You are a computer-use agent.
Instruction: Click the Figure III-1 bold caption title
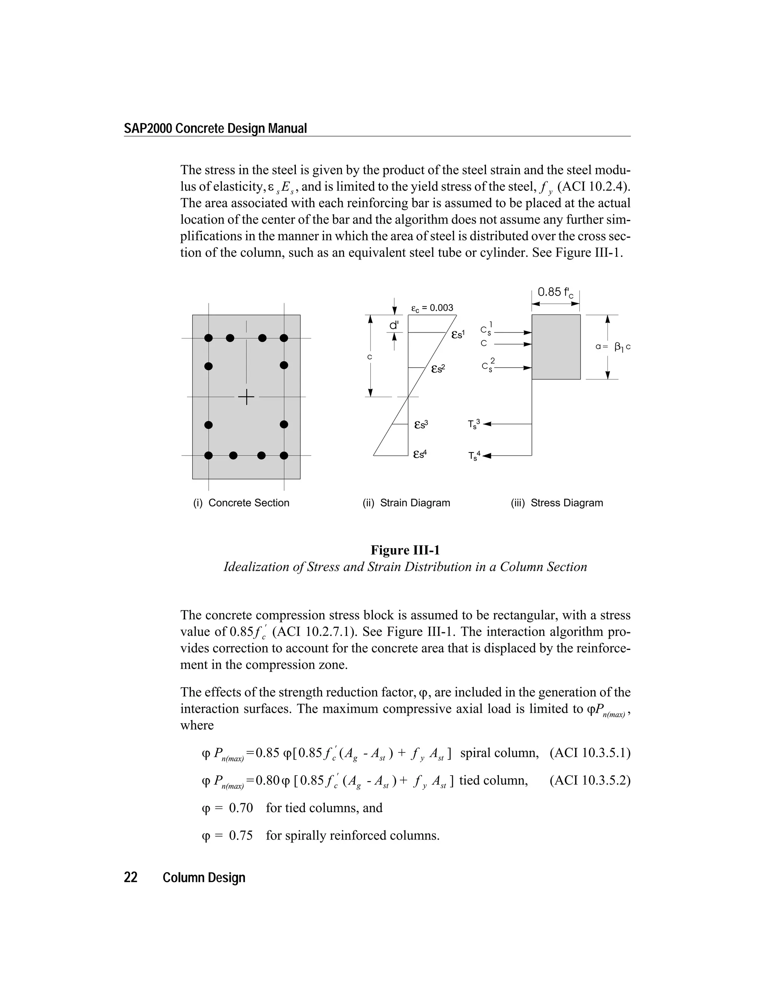(x=405, y=550)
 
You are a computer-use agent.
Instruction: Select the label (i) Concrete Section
(x=241, y=503)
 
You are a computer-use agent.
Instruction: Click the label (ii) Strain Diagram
(x=406, y=503)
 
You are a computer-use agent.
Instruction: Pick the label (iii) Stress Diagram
(x=557, y=503)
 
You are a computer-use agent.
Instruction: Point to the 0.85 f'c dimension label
(x=555, y=293)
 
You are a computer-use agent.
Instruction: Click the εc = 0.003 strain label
(x=432, y=308)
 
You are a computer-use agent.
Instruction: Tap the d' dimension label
(x=394, y=325)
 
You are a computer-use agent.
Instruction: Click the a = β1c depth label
(x=613, y=347)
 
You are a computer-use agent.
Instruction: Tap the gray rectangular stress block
(x=556, y=347)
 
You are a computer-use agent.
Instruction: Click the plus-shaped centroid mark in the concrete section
(x=246, y=397)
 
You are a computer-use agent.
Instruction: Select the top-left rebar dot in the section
(x=208, y=338)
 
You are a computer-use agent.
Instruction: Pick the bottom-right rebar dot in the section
(x=284, y=455)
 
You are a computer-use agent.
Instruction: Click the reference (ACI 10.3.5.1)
(x=590, y=753)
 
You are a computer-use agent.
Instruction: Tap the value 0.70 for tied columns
(x=240, y=808)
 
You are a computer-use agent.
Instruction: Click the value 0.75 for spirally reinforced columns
(x=240, y=835)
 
